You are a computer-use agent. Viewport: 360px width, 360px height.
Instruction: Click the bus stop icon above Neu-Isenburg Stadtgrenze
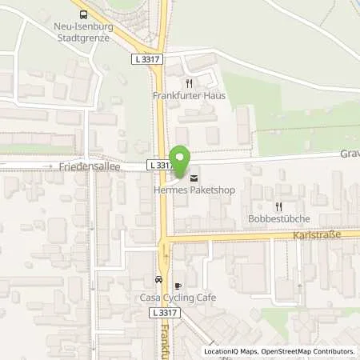[83, 14]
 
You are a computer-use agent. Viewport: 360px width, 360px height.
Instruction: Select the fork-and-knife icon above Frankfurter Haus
[189, 82]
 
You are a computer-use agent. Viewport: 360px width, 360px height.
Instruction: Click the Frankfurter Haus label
[190, 95]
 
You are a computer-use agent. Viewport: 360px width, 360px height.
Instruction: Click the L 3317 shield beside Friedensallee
[160, 165]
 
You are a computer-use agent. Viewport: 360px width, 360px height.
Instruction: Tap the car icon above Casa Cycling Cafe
[158, 281]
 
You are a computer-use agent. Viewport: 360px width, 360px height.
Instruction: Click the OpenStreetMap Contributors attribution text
[308, 351]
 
